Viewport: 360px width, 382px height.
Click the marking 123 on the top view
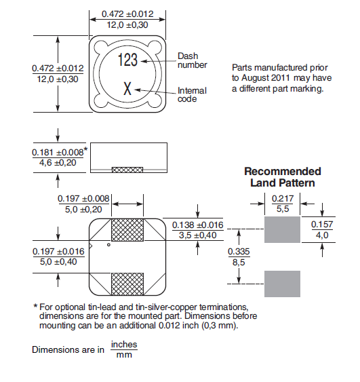point(127,60)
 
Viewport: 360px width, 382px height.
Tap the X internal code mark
point(127,89)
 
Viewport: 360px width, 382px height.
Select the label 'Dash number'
point(193,60)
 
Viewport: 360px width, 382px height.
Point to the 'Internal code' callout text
point(192,94)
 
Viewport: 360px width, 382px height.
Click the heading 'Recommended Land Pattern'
point(283,177)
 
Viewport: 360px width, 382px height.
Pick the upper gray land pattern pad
point(282,229)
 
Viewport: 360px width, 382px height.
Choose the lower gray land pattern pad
point(282,284)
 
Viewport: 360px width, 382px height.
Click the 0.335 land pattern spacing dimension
point(239,256)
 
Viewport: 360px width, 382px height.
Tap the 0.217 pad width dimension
point(283,204)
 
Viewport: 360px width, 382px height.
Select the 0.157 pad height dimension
point(322,229)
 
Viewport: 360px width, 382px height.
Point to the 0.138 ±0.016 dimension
point(198,230)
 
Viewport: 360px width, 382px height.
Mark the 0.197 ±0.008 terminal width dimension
point(83,204)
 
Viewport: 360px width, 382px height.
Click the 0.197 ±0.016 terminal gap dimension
point(58,256)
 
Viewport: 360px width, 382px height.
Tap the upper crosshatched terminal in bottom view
point(127,230)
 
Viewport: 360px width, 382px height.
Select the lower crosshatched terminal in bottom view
point(127,284)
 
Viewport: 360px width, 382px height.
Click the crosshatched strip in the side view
point(127,170)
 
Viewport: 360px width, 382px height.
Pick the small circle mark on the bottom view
point(108,245)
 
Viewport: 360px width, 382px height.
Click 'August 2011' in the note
point(266,78)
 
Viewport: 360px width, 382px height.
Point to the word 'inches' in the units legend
point(124,345)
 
